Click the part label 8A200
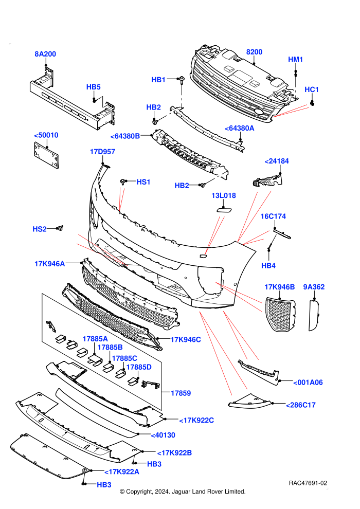pos(45,54)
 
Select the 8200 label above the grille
pos(254,52)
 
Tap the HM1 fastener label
pos(295,60)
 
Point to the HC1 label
pos(312,89)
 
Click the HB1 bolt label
pos(158,80)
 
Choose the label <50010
pos(46,135)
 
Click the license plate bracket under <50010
pos(46,155)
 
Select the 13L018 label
pos(224,195)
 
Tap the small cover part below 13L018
pos(224,209)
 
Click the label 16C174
pos(273,216)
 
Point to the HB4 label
pos(268,265)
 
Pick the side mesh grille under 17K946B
pos(280,315)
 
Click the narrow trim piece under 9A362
pos(314,315)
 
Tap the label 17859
pos(181,393)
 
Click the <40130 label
pos(163,435)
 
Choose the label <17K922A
pos(122,471)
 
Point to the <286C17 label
pos(301,405)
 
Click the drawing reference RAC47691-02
pos(308,483)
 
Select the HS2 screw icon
pos(60,228)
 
